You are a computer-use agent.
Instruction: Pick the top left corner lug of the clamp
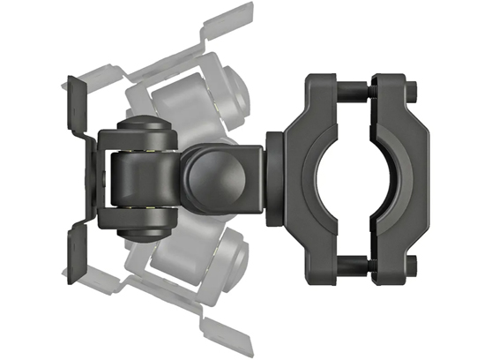point(318,89)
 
